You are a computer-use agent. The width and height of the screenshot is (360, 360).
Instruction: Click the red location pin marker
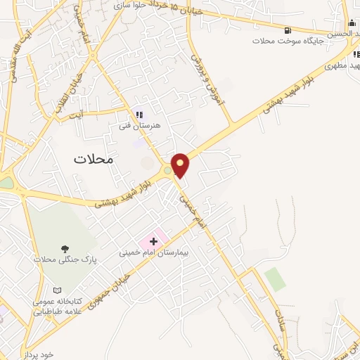point(181,165)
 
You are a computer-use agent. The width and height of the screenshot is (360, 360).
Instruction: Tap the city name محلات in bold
point(93,159)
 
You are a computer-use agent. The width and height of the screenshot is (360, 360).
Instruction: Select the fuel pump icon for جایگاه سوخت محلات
point(288,30)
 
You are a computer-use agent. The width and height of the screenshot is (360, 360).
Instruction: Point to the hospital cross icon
point(154,241)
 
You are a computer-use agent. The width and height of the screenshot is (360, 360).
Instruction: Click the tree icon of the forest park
point(65,249)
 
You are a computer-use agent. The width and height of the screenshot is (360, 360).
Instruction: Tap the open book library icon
point(57,290)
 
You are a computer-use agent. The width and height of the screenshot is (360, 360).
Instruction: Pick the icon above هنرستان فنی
point(139,115)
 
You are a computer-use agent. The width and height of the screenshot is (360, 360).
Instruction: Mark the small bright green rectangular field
point(276,279)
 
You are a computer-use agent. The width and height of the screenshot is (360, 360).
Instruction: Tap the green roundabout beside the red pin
point(167,169)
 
